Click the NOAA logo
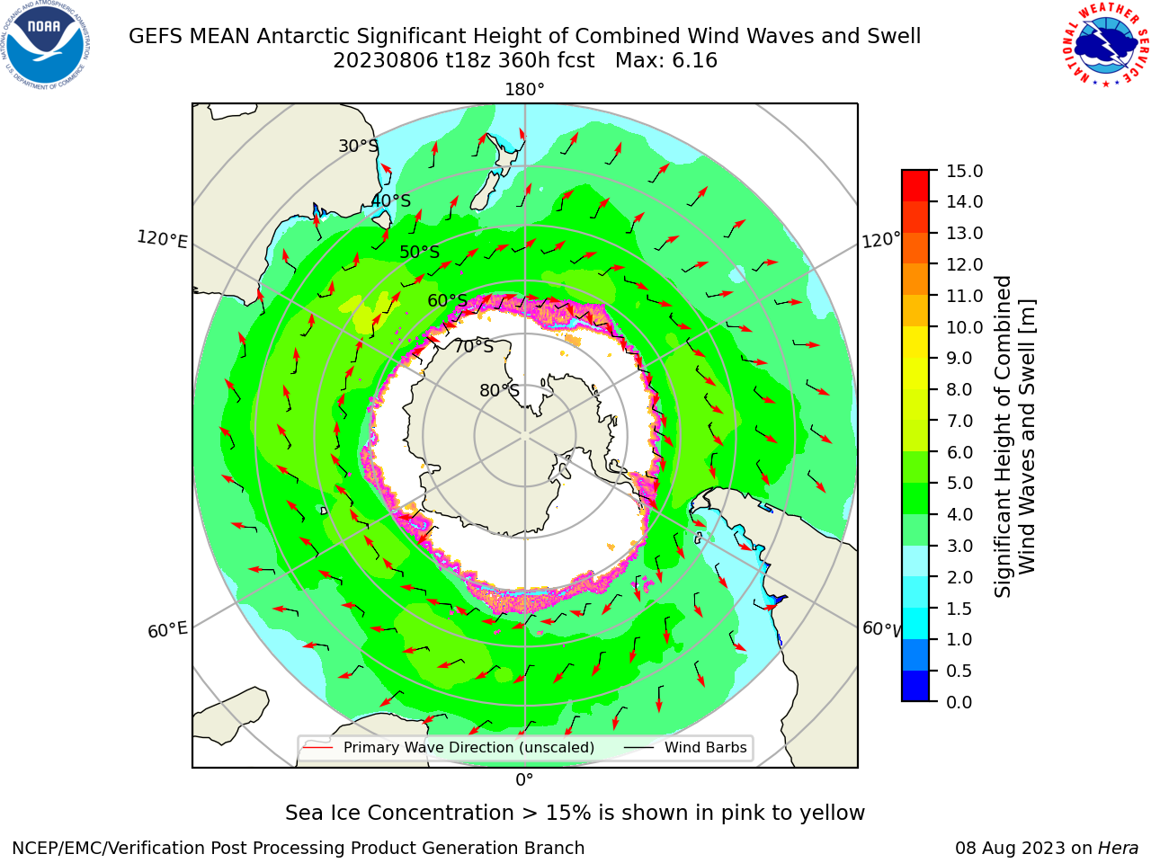(46, 45)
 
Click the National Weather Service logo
(1104, 45)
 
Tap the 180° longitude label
(524, 90)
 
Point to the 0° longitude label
(524, 780)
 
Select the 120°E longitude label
(162, 239)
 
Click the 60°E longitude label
(167, 630)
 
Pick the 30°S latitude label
(358, 146)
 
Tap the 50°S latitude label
(420, 252)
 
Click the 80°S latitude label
(499, 390)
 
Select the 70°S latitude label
(474, 346)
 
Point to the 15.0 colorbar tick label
(964, 171)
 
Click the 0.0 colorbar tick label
(959, 702)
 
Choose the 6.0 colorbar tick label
(959, 452)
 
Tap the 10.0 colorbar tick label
(964, 327)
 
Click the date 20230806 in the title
(386, 61)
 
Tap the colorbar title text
(1014, 436)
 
